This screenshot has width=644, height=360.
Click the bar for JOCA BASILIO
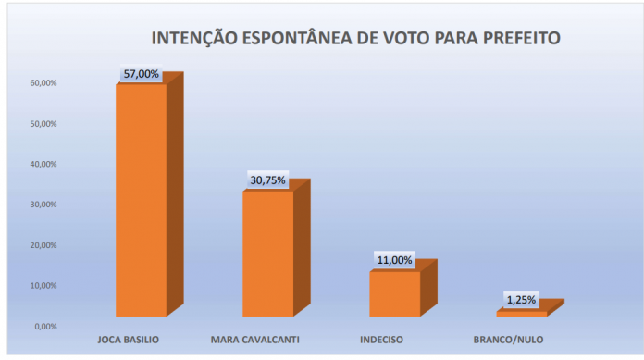(x=141, y=199)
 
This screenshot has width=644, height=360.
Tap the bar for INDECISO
(x=394, y=292)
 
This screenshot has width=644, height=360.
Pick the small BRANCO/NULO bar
(x=521, y=313)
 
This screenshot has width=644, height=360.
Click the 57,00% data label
(x=142, y=73)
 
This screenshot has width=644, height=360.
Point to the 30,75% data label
(x=268, y=180)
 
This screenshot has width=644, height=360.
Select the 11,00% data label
(x=395, y=260)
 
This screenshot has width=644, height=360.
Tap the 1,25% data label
(x=521, y=300)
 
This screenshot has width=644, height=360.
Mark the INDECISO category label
(x=381, y=340)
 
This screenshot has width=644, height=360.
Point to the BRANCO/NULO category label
(x=508, y=340)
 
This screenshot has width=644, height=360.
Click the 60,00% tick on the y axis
(x=43, y=83)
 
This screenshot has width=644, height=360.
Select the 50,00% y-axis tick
(x=43, y=124)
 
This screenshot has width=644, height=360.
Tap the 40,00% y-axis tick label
(x=43, y=165)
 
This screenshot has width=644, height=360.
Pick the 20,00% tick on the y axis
(x=43, y=245)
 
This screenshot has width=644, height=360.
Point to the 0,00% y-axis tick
(x=45, y=326)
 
